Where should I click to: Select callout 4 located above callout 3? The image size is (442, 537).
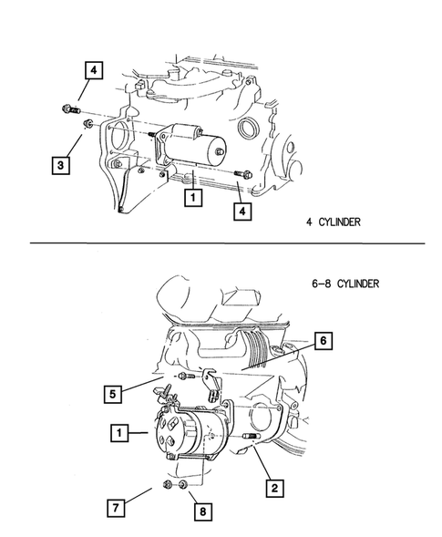point(95,69)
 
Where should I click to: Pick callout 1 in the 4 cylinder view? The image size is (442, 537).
point(192,197)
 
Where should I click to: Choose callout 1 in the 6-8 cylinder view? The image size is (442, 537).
point(118,433)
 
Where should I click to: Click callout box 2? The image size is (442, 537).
point(272,489)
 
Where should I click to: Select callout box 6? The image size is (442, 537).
point(324,341)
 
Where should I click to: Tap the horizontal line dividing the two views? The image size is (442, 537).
point(228,244)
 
